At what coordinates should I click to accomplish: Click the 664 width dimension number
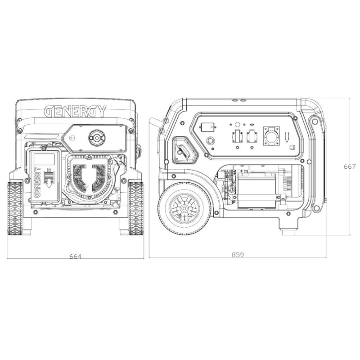76,256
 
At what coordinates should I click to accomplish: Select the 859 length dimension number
238,255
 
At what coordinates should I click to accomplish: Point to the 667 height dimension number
350,166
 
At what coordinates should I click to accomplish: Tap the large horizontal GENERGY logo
75,111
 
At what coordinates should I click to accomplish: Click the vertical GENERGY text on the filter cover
37,182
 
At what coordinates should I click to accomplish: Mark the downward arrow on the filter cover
49,178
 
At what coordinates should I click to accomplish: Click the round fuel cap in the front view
97,138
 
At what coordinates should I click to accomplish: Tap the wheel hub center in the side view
184,208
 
